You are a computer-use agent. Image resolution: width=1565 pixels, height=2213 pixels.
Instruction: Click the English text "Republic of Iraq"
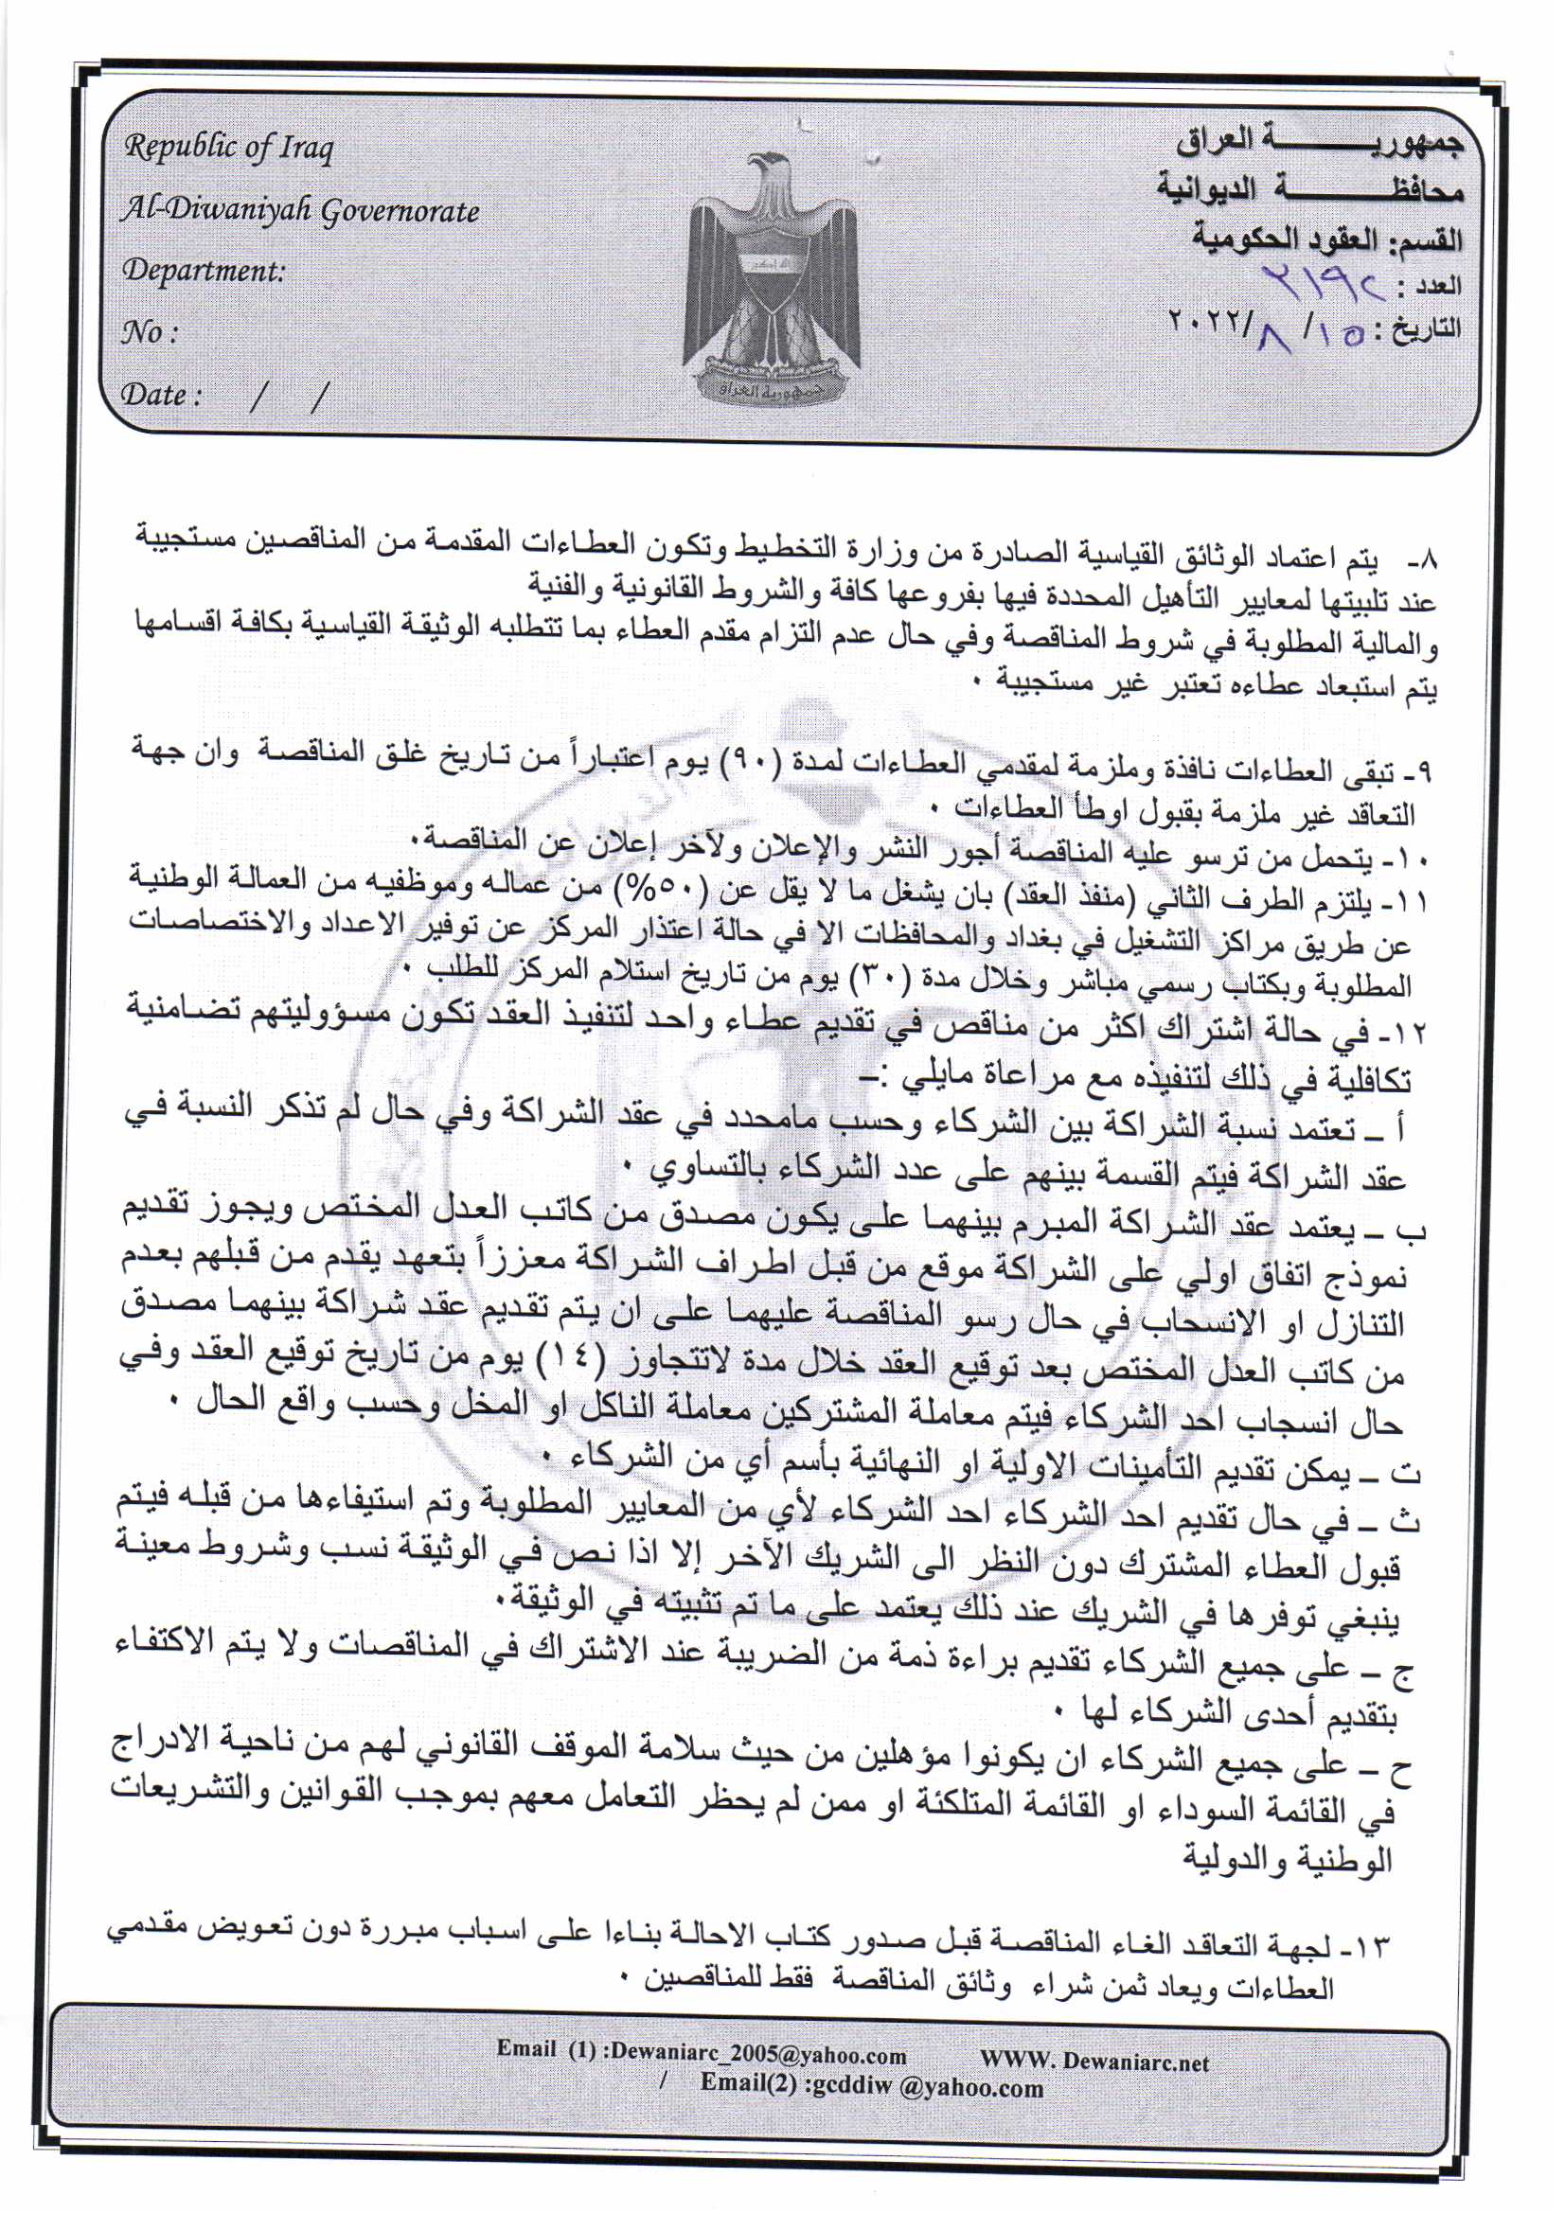click(x=228, y=149)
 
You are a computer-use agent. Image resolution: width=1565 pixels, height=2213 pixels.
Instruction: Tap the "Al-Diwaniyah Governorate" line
click(x=299, y=210)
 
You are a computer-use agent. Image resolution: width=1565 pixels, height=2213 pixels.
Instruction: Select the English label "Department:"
click(x=204, y=271)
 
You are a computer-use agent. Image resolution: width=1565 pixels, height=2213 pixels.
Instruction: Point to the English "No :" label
click(x=150, y=332)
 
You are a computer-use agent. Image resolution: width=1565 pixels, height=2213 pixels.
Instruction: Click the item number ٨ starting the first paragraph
click(x=1425, y=560)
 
